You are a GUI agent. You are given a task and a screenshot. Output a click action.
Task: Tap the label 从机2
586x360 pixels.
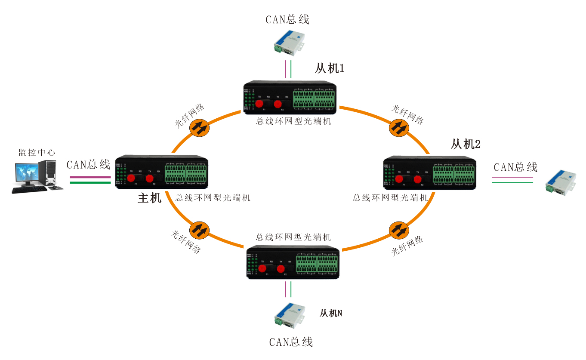(466, 144)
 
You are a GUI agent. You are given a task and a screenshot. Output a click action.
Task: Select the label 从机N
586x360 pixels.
(330, 313)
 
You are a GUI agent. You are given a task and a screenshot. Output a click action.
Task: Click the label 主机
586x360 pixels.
(149, 198)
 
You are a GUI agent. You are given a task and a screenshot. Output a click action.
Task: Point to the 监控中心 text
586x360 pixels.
(37, 152)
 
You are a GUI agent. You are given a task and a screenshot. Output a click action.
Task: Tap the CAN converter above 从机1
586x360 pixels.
(289, 42)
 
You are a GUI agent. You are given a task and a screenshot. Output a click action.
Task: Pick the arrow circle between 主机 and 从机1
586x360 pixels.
(199, 128)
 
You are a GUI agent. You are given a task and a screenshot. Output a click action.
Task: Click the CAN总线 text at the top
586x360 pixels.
(287, 19)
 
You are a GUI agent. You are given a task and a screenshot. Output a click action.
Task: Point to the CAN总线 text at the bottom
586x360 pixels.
(291, 342)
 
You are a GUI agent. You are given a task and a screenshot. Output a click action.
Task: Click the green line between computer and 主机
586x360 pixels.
(90, 182)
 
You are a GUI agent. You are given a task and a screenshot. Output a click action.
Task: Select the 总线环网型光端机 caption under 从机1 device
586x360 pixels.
(293, 121)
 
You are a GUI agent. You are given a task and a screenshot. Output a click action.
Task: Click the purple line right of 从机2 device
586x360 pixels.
(512, 177)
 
